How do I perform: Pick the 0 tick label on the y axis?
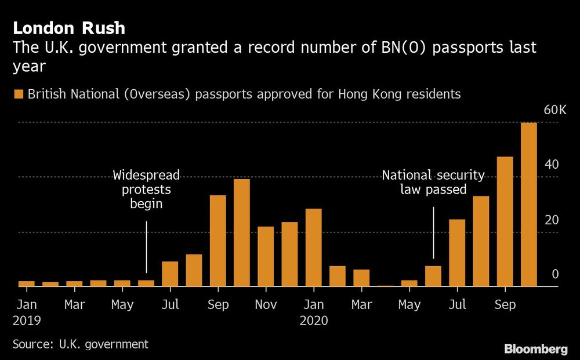click(x=555, y=274)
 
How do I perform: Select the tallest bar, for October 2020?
click(x=529, y=204)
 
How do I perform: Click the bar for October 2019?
click(x=242, y=232)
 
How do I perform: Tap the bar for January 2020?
click(x=314, y=247)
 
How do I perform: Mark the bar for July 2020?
click(x=457, y=253)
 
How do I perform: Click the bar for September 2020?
click(x=505, y=221)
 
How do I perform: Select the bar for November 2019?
click(x=266, y=256)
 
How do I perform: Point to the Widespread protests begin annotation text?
click(x=146, y=190)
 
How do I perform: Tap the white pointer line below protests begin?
click(x=146, y=247)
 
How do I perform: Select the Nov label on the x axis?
click(x=266, y=304)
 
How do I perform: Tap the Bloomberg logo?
click(x=535, y=349)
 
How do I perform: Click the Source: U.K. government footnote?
click(x=81, y=344)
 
